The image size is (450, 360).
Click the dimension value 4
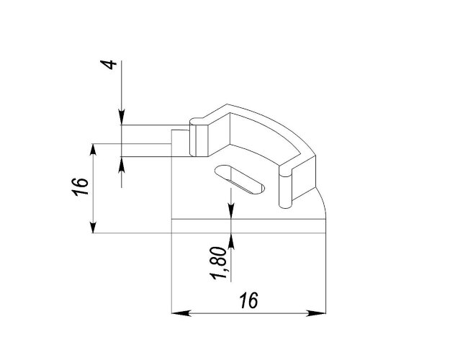click(x=109, y=65)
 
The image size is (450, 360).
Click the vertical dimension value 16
click(x=80, y=187)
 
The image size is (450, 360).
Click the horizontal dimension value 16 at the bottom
click(x=249, y=300)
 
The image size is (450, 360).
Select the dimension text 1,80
click(x=220, y=263)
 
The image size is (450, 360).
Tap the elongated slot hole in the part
click(x=239, y=179)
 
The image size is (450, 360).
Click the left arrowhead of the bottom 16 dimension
click(x=181, y=313)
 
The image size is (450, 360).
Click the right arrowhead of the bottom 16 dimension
click(x=316, y=313)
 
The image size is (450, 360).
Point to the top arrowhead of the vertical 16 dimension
click(x=93, y=154)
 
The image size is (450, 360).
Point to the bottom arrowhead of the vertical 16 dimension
click(x=93, y=223)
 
